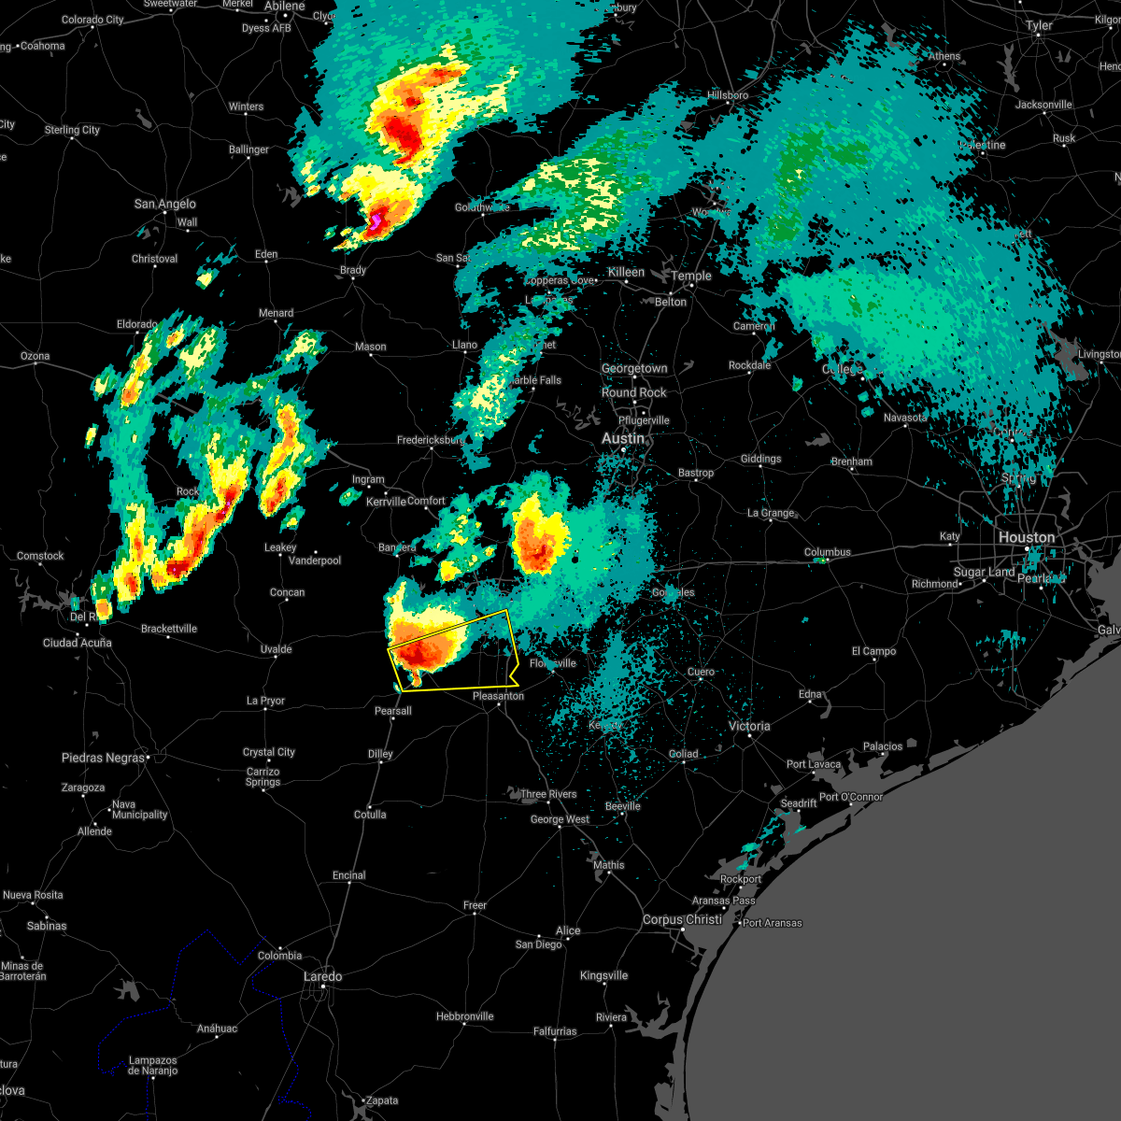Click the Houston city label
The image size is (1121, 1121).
1026,537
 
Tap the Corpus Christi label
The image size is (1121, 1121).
682,919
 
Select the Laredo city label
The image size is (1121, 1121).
322,976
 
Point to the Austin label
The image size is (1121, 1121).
622,438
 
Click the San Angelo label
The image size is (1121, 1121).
164,204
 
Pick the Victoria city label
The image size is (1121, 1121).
749,726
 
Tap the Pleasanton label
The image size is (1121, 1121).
498,696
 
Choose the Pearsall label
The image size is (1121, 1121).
392,711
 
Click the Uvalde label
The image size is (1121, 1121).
276,649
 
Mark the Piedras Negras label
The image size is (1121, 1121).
104,758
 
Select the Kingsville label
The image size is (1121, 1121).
603,975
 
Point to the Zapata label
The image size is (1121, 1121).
381,1100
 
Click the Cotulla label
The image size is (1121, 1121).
370,815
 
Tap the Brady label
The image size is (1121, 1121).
353,270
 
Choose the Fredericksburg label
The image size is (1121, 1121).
431,440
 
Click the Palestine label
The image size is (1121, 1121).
982,145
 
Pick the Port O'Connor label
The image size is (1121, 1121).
851,797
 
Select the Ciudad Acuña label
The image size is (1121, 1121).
77,643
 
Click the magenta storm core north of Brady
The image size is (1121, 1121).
376,220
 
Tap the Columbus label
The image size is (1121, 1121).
828,552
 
